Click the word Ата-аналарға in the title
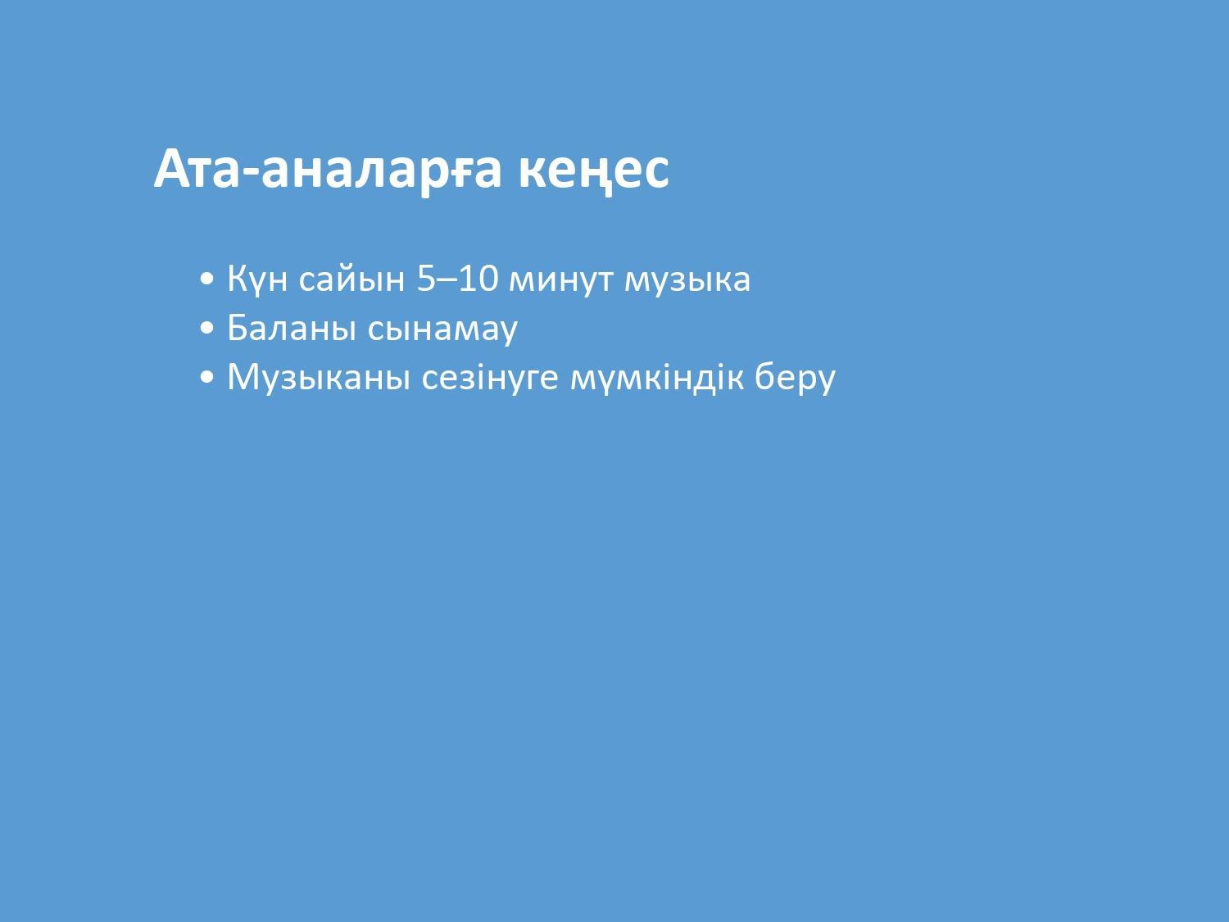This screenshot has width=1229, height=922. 327,170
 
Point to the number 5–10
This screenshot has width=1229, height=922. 457,278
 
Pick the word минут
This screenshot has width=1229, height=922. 560,280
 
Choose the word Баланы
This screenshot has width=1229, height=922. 292,328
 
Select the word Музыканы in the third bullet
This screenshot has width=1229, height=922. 318,378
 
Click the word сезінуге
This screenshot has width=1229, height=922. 490,378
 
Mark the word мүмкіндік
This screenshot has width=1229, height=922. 657,377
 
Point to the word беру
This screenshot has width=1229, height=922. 795,378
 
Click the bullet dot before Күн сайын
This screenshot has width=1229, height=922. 206,279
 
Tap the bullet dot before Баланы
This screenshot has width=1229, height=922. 206,329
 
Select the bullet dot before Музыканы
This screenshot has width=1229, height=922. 206,378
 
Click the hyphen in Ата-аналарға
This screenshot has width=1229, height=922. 252,173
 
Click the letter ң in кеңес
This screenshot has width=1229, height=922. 593,176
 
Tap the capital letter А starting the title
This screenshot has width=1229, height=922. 174,169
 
